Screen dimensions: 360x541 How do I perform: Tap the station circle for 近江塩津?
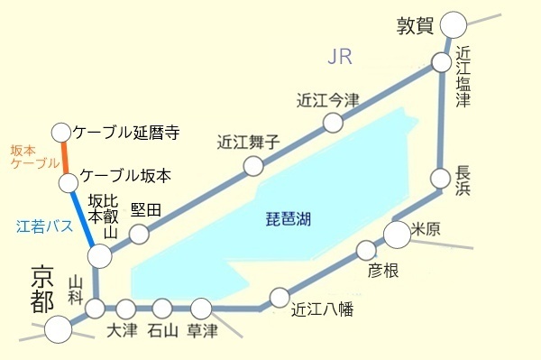click(441, 63)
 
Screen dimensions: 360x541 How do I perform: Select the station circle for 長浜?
click(441, 177)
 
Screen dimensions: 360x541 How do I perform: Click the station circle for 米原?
click(398, 234)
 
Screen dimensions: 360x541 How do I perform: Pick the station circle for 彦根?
click(365, 250)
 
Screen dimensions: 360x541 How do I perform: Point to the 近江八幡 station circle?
click(280, 297)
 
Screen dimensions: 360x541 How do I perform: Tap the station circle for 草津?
click(200, 309)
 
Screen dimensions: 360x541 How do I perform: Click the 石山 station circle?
click(162, 309)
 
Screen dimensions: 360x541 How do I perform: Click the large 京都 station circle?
click(59, 329)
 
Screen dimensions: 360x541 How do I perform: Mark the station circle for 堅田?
click(139, 234)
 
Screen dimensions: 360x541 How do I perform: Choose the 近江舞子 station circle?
click(253, 166)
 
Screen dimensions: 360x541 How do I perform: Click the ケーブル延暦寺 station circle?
click(61, 132)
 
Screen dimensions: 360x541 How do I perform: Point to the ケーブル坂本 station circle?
click(69, 184)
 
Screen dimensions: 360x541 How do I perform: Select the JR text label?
click(339, 58)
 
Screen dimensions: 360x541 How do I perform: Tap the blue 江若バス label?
click(42, 226)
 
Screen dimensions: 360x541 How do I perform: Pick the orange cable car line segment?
click(65, 158)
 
